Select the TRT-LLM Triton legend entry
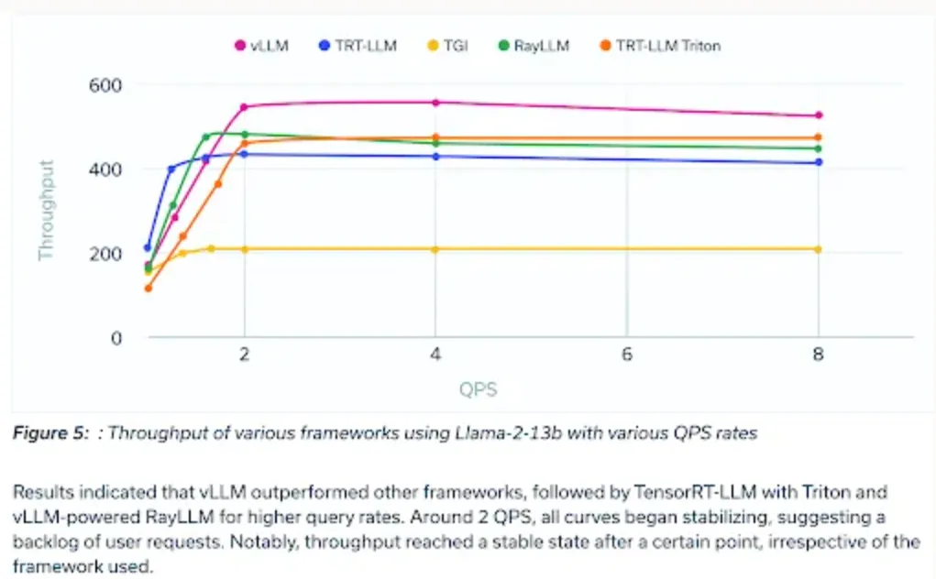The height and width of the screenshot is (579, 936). [x=660, y=45]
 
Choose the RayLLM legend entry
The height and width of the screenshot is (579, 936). [x=534, y=45]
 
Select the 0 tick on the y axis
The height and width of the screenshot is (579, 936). [x=116, y=338]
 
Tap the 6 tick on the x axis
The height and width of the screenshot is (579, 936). [x=627, y=355]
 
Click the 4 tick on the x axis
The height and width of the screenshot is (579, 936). [x=435, y=355]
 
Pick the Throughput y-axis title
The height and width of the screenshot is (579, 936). [x=47, y=211]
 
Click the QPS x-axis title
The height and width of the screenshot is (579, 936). [x=479, y=389]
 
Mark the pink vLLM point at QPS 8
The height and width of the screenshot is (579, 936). [x=819, y=115]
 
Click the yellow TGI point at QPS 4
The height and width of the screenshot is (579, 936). [x=435, y=249]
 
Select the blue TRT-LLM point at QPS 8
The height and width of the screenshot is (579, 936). [x=819, y=162]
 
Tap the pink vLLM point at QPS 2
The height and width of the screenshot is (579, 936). [x=244, y=107]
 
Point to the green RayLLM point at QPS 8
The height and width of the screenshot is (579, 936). [x=819, y=148]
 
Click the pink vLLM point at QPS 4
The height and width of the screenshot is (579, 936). [x=435, y=103]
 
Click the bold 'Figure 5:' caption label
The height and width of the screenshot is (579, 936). [x=50, y=433]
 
